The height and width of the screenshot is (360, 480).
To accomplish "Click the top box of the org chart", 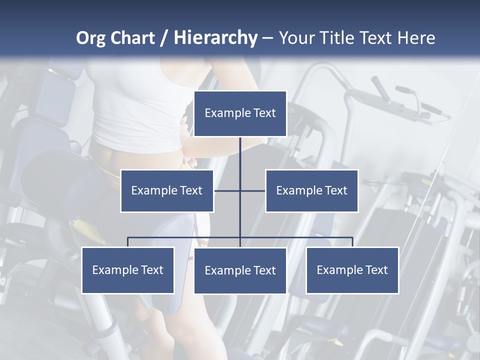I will point(240,113).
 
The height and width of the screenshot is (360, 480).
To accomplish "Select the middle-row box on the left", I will point(167,190).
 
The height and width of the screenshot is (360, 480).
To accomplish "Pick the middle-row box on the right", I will point(311,190).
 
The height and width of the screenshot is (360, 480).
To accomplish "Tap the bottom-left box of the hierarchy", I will point(128,270).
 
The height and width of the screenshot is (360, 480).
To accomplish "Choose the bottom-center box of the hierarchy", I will point(240,270).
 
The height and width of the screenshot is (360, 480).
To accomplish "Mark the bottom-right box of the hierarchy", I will point(352,270).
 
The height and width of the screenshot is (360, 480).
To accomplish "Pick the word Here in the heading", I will point(416,38).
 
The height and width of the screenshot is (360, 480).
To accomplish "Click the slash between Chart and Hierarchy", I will point(164,38).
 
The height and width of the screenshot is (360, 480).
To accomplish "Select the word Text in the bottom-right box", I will point(376,270).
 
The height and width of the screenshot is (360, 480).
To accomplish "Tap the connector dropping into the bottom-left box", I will point(128,242).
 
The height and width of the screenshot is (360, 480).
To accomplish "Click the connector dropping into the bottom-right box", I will point(352,242).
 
